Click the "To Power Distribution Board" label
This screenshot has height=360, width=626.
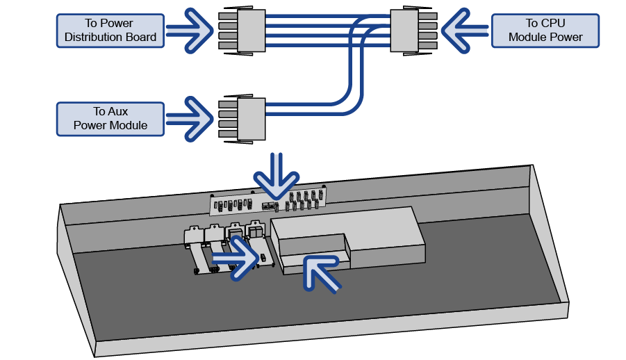[110, 31]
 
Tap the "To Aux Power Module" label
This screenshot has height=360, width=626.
[110, 118]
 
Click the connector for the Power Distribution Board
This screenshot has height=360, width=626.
[242, 31]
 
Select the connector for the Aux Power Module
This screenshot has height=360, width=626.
[242, 118]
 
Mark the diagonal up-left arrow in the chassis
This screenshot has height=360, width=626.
[322, 271]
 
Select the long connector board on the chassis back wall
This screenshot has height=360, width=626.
[267, 202]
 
